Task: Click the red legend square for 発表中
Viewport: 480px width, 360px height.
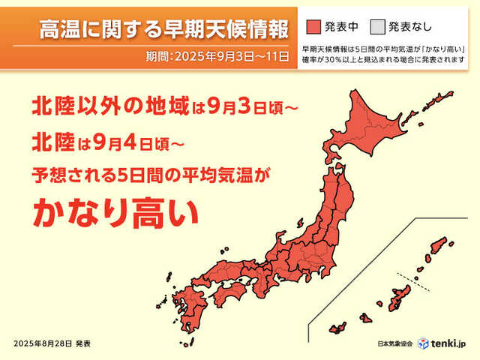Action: pyautogui.click(x=313, y=28)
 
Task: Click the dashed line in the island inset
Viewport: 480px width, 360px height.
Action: pyautogui.click(x=411, y=280)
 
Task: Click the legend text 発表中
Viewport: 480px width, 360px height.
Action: pyautogui.click(x=341, y=28)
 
